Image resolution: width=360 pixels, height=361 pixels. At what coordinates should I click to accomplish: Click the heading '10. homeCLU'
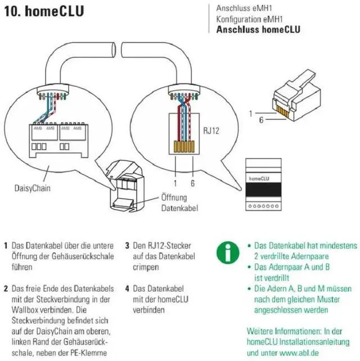44,11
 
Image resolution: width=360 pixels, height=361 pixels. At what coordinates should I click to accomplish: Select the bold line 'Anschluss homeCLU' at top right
258,30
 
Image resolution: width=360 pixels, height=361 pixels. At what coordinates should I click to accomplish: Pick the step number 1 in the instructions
5,246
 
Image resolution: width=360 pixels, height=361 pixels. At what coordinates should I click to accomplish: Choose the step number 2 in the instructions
5,288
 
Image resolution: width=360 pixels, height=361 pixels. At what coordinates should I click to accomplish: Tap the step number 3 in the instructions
128,246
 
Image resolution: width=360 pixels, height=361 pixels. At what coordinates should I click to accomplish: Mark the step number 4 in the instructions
128,288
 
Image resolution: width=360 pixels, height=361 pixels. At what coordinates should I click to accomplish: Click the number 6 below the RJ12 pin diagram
193,183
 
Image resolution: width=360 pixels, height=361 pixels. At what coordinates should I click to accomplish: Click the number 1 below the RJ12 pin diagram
175,183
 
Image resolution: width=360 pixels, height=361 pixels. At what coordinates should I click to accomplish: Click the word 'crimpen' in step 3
147,267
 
